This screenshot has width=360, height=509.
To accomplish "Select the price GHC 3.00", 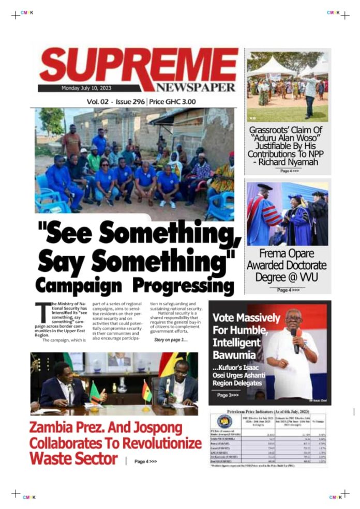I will (x=178, y=102).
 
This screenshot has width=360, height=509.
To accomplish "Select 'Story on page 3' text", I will (x=171, y=340).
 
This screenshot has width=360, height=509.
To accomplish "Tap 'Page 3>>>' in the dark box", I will (x=228, y=395).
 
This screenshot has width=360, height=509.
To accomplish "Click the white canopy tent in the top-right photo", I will (x=271, y=68).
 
